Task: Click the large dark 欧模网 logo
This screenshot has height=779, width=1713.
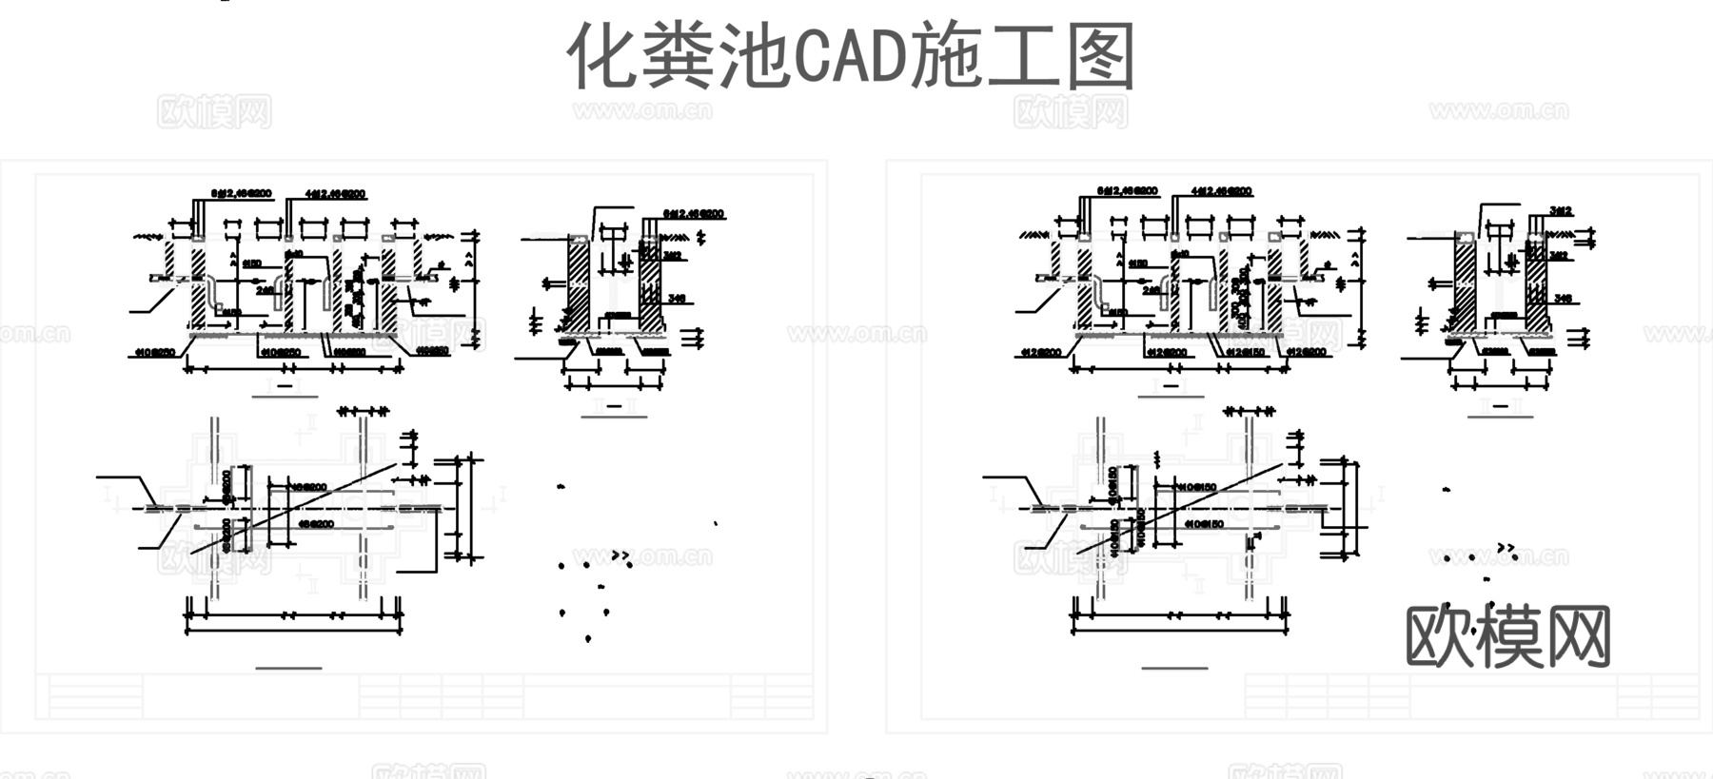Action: [1507, 635]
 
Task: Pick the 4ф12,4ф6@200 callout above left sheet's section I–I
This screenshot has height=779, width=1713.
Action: [334, 193]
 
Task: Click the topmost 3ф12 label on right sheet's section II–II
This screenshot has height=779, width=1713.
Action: [1561, 210]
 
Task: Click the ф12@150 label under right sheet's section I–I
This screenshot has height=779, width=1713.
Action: [1246, 352]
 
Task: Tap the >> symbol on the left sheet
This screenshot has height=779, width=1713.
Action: [620, 555]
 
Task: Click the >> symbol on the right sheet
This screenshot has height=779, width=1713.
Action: [1506, 548]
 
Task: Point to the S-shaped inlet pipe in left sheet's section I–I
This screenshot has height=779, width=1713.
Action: [213, 290]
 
